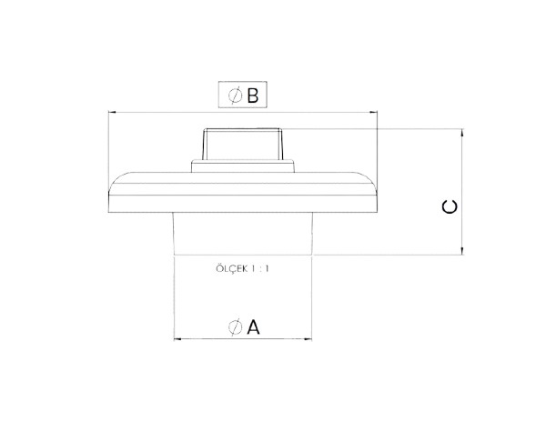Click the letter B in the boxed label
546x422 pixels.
click(x=253, y=95)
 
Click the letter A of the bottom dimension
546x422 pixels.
click(x=253, y=327)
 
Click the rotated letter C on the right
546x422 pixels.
click(x=450, y=207)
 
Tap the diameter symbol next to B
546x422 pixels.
click(x=235, y=95)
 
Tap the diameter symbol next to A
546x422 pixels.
click(x=235, y=327)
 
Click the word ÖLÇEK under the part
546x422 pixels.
click(x=231, y=268)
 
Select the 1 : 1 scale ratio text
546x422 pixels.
click(x=260, y=269)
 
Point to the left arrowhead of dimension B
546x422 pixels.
click(x=112, y=112)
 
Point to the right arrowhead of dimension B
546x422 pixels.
click(x=373, y=112)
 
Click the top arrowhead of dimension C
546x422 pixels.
click(x=462, y=133)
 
